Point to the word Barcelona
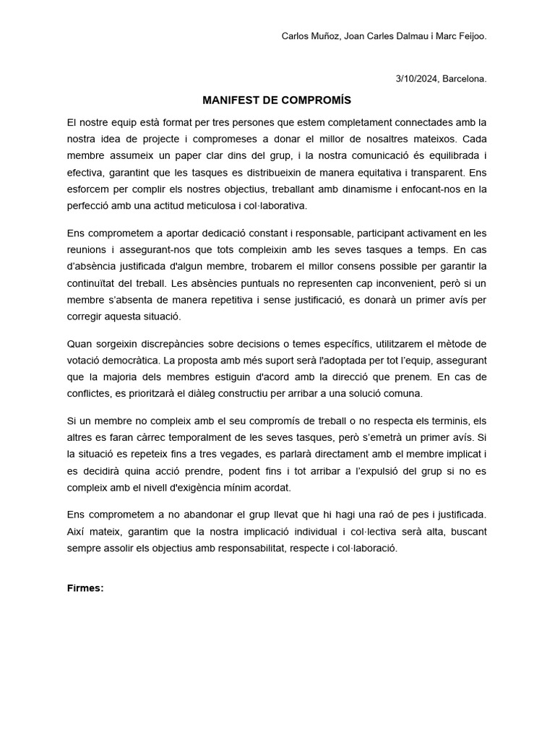pos(465,79)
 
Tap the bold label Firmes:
pos(85,588)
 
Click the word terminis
pos(447,421)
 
